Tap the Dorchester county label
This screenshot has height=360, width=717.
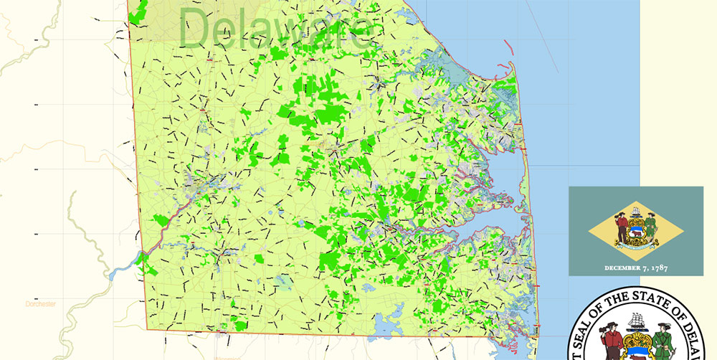(40, 303)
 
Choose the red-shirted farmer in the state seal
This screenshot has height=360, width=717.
(609, 343)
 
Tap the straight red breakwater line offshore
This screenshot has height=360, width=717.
(508, 47)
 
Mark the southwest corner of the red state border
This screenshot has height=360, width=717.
(146, 329)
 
